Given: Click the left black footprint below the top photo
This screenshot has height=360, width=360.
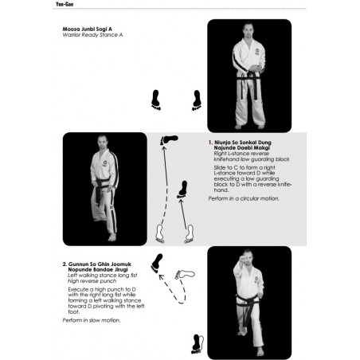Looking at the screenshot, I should [x=156, y=100].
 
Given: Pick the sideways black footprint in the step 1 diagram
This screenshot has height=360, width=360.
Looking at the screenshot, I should [x=168, y=139].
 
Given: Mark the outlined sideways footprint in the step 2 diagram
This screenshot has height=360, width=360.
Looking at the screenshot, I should [x=185, y=275].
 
